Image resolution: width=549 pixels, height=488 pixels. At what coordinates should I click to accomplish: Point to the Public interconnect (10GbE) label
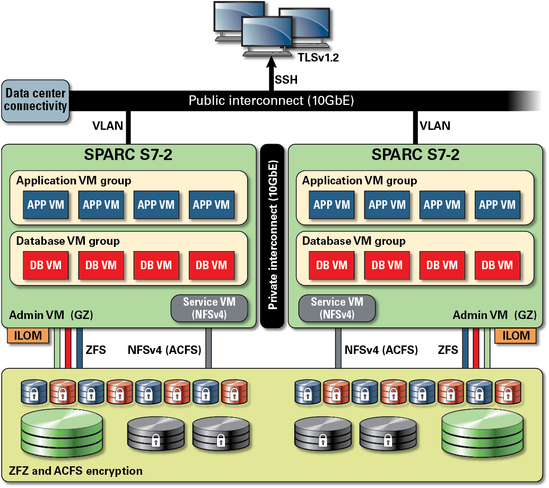click(x=271, y=101)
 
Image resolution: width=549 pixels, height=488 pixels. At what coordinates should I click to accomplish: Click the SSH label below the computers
click(x=286, y=81)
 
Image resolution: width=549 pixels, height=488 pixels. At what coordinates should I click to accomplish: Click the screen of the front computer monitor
click(x=267, y=33)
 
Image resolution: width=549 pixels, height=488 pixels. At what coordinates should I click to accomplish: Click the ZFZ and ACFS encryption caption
click(x=76, y=471)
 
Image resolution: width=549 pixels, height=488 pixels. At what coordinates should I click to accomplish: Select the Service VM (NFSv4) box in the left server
click(x=209, y=308)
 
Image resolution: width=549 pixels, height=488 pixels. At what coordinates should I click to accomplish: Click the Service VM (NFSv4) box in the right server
click(x=337, y=308)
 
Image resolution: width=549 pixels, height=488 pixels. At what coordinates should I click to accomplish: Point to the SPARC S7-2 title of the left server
click(x=128, y=155)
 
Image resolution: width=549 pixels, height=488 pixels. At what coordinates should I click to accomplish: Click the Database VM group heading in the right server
click(x=354, y=241)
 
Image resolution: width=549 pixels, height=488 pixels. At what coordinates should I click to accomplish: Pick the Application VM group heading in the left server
click(x=74, y=181)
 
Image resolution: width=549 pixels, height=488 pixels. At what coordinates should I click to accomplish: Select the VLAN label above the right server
click(x=435, y=126)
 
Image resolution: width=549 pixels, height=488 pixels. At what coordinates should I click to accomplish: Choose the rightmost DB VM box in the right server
click(x=496, y=265)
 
